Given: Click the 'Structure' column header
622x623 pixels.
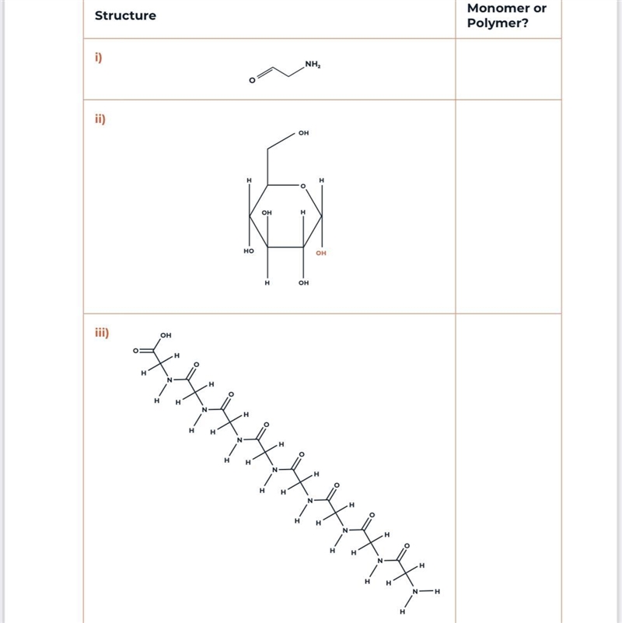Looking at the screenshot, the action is (x=125, y=16).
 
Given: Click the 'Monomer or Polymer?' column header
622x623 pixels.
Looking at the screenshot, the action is (x=506, y=16).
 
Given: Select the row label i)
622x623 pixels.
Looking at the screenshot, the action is (x=99, y=58).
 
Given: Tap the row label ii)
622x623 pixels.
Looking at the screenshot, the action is (x=100, y=119).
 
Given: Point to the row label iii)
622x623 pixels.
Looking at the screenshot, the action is (x=102, y=332).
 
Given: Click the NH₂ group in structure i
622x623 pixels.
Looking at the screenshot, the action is (x=313, y=65).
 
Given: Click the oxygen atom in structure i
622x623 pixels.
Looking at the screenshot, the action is (x=252, y=81).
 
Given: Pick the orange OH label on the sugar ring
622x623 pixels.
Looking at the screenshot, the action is (x=321, y=253).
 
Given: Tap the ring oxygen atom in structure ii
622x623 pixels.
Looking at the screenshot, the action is (x=303, y=186).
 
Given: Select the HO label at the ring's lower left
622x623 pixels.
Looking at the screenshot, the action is (x=249, y=250).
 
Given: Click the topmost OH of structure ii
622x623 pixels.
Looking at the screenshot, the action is (x=303, y=133).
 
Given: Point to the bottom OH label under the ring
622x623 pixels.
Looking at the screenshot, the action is (x=303, y=282).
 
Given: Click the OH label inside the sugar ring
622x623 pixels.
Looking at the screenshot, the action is (x=267, y=212).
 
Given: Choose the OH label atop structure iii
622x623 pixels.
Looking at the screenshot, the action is (x=166, y=335).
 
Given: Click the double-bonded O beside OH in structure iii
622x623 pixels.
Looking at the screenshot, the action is (x=135, y=351).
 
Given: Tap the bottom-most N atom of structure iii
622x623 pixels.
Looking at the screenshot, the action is (x=415, y=592).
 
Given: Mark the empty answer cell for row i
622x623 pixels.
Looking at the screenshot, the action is (x=508, y=69).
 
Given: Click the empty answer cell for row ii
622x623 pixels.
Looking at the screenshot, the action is (x=508, y=207).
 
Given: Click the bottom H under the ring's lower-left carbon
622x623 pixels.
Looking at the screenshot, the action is (x=267, y=282).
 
